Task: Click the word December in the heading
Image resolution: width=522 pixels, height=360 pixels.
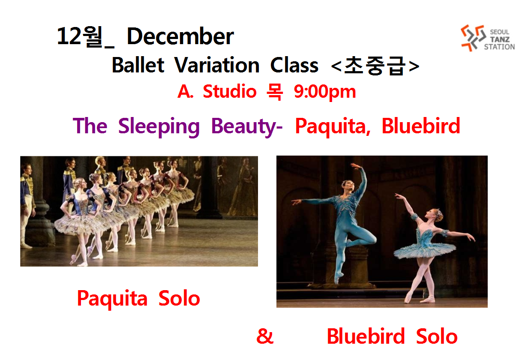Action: (x=180, y=36)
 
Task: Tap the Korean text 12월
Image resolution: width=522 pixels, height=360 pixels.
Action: (x=80, y=36)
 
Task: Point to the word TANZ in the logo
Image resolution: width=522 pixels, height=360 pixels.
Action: (x=500, y=39)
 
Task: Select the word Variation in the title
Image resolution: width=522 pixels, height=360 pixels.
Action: (x=217, y=65)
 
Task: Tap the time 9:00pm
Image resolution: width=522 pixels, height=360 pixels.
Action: (x=325, y=92)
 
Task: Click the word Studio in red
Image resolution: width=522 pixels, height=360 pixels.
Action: (x=230, y=91)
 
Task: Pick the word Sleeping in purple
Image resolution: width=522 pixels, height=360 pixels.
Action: (x=159, y=127)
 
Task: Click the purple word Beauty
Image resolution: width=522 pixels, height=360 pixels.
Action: (x=244, y=127)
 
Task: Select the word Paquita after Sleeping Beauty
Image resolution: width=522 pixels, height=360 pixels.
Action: (x=333, y=127)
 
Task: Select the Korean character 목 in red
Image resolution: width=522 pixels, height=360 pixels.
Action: (x=275, y=92)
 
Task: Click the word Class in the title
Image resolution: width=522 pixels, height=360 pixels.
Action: (x=294, y=65)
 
